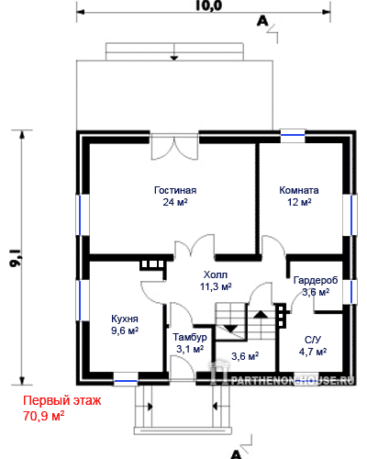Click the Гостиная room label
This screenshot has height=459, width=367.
point(175,190)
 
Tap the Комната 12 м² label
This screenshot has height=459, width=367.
point(299,196)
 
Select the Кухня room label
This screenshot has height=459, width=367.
point(125,319)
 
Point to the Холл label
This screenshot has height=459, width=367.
point(216,274)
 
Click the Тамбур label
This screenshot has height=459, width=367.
point(190,337)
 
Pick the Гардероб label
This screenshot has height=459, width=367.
point(316,280)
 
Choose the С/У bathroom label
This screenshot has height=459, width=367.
point(313,340)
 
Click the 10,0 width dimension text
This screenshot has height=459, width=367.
point(208,6)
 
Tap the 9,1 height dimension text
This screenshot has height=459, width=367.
point(16,259)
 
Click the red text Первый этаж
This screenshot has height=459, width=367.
point(62,400)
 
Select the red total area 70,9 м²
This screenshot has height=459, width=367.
point(44,416)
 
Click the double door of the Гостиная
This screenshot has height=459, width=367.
point(174,149)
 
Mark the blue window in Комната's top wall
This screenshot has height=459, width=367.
point(293,135)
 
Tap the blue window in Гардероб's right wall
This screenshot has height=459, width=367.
point(351,292)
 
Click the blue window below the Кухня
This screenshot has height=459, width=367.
point(126,381)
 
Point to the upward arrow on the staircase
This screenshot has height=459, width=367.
point(261,314)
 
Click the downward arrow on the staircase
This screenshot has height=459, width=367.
point(231,329)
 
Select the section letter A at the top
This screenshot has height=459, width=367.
point(262,21)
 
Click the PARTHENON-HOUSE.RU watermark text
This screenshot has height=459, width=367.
point(293,380)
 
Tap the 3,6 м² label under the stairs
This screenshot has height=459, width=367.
point(245,356)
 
